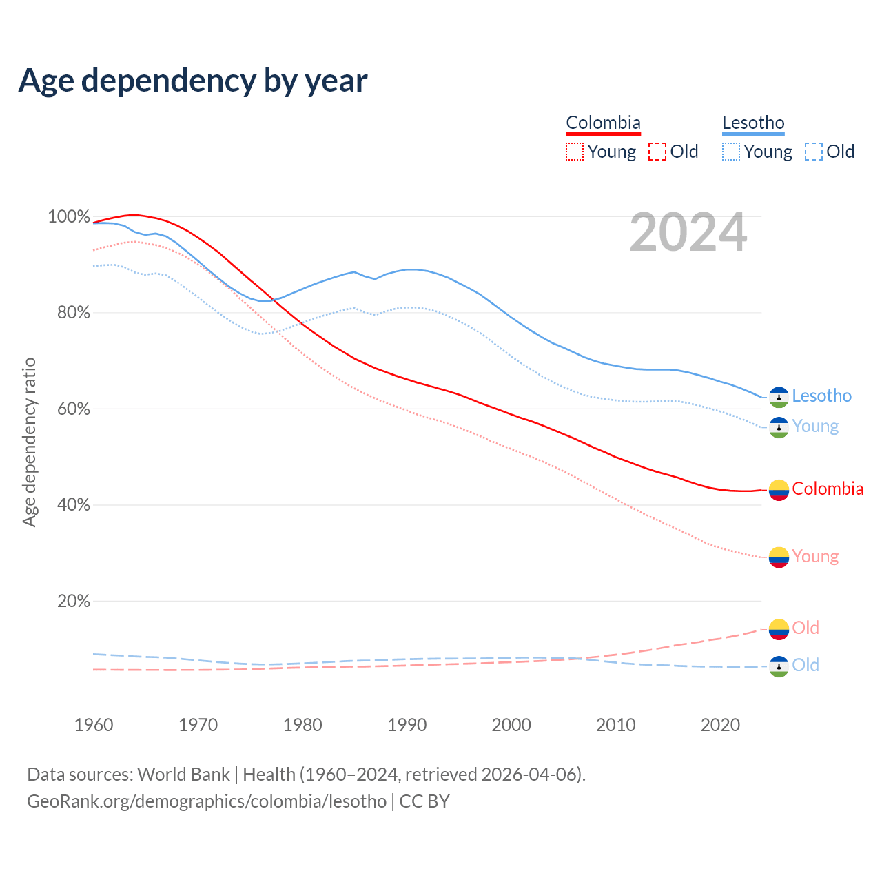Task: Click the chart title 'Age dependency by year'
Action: coord(193,81)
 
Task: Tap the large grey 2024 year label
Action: coord(688,233)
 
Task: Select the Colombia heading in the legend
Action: coord(603,123)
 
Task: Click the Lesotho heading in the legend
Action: coord(753,123)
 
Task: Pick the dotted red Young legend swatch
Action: coord(574,152)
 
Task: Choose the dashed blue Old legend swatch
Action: coord(813,152)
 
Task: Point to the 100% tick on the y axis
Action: coord(69,217)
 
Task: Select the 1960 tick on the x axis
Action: coord(94,725)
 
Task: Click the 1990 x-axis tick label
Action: coord(407,725)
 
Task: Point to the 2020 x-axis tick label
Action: coord(720,725)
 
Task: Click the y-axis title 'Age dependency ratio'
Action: coord(29,442)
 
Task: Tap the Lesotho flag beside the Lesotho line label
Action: coord(779,397)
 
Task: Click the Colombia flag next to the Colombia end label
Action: coord(779,490)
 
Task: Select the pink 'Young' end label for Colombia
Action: coord(815,556)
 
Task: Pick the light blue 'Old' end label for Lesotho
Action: coord(806,665)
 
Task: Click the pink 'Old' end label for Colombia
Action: coord(806,628)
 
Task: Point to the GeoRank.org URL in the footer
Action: coord(207,801)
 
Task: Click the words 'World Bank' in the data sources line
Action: coord(183,775)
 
